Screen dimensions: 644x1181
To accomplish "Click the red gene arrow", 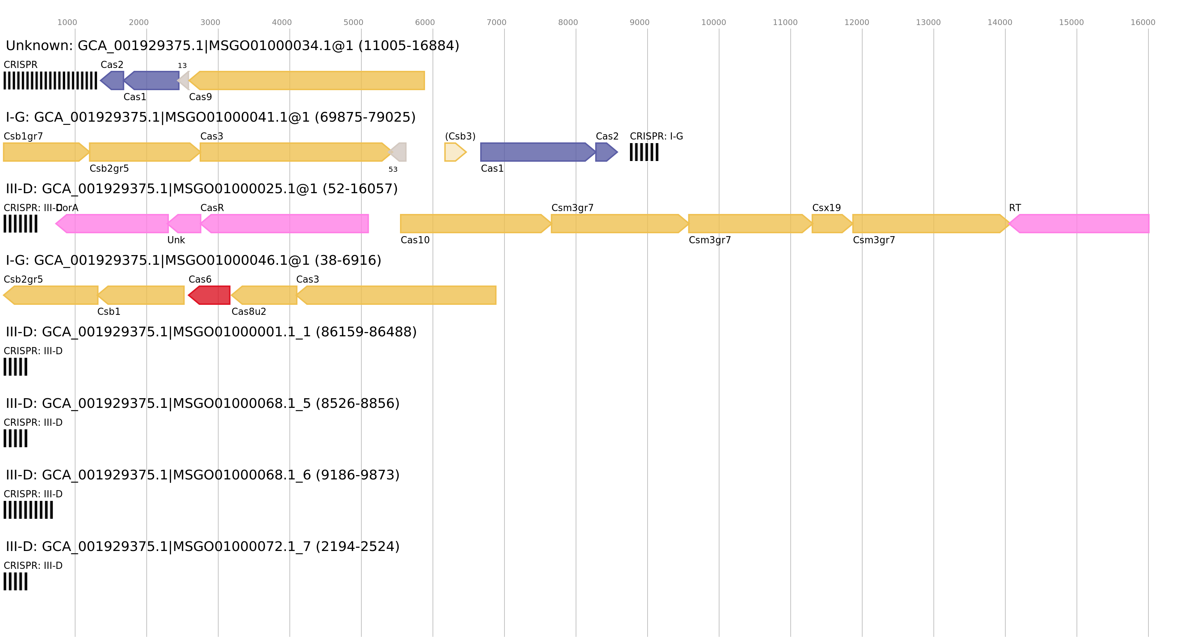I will [210, 295].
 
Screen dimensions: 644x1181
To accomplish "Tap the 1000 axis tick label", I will [67, 23].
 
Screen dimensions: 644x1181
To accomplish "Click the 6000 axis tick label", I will [425, 23].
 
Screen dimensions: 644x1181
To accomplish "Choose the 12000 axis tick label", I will [857, 23].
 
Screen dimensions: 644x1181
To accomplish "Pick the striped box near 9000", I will [644, 152].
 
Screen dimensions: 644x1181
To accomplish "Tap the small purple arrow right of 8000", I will [606, 152].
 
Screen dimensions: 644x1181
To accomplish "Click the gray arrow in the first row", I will [184, 80].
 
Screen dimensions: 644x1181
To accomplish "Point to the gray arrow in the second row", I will [398, 152].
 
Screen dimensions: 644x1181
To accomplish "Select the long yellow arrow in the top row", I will [307, 80].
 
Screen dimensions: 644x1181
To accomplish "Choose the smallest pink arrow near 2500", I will [185, 224].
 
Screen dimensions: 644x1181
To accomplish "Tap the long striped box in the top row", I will [50, 80].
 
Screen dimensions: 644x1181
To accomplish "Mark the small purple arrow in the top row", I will [113, 80].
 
